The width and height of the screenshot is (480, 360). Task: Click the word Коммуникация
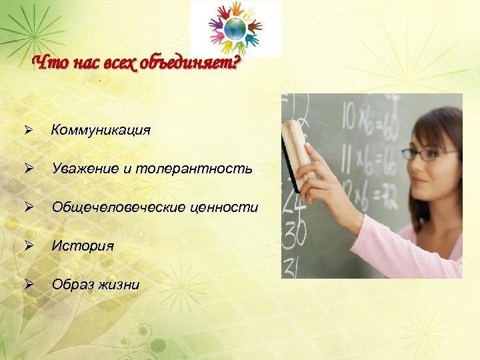pos(101,130)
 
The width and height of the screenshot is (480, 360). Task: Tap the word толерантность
pos(194,169)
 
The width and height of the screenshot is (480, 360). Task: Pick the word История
pos(83,246)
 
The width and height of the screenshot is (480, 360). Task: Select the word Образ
pos(69,285)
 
